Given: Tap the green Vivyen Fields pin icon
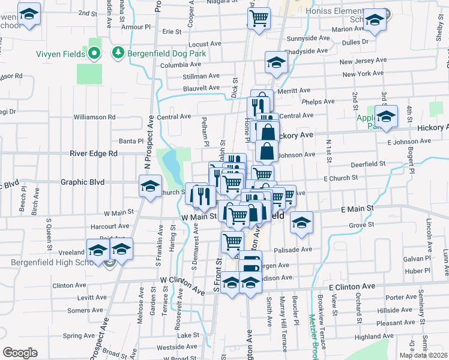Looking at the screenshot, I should coord(94,54).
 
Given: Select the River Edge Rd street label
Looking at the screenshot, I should coord(93,154).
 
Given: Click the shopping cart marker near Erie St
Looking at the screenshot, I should coord(259,18).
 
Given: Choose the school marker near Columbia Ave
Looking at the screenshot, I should coord(276,62).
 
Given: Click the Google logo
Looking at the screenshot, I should coord(20,353).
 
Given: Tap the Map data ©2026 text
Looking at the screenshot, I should coord(423,355).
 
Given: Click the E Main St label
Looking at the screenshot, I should coord(357,208).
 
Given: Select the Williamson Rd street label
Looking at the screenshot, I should coord(94,117).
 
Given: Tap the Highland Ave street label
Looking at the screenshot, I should coord(373,337).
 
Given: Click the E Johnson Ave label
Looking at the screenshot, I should coord(409,142).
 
